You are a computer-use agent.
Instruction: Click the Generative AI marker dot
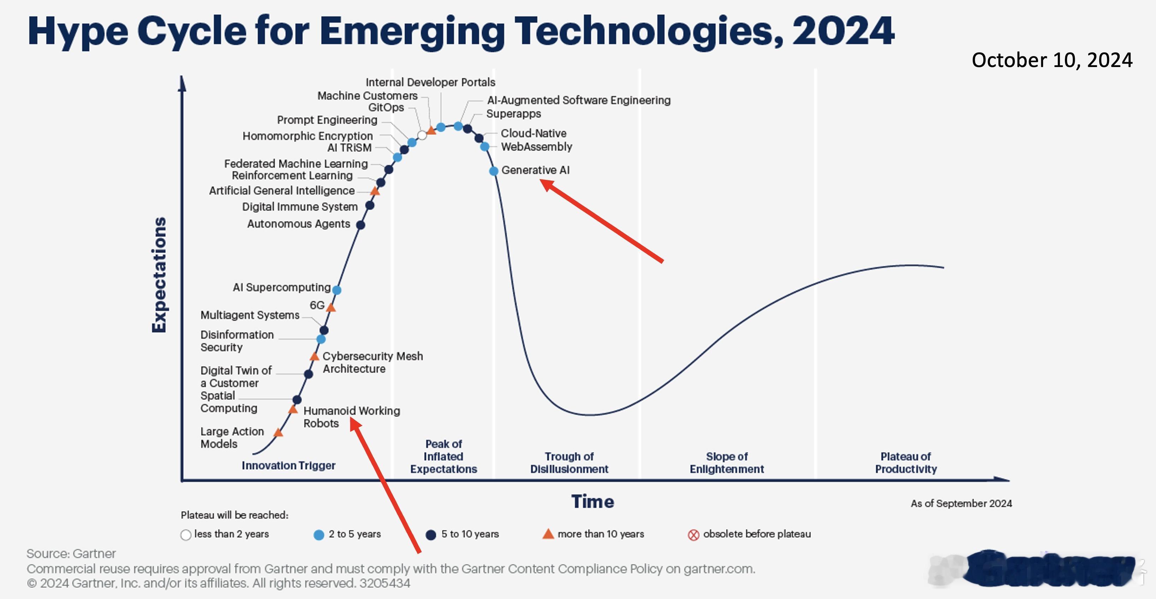[494, 171]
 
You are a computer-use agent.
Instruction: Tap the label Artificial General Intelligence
[282, 190]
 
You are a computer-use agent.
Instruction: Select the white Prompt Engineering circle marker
[422, 135]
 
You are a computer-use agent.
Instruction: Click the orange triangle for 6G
[331, 308]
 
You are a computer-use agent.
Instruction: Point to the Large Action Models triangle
[278, 432]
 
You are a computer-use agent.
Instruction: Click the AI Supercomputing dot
[336, 290]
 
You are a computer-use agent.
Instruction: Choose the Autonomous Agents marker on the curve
[360, 225]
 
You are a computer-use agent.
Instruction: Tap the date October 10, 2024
[1052, 60]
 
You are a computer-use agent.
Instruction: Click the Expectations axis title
[159, 275]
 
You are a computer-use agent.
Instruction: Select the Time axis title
[592, 501]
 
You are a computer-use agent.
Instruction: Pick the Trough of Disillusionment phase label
[569, 463]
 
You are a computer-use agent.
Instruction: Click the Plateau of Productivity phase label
[906, 463]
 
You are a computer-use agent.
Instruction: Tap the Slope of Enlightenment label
[727, 463]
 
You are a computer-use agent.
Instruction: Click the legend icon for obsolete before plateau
[693, 535]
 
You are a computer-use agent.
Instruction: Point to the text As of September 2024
[961, 503]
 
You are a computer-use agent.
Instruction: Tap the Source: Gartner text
[71, 554]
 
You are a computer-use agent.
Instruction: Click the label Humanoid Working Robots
[351, 417]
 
